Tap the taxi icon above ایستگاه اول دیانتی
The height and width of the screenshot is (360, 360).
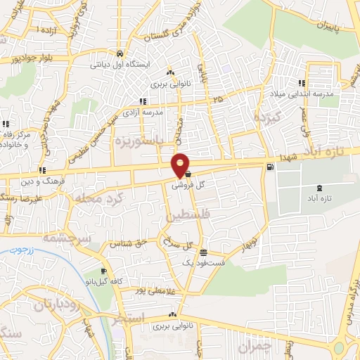[x=120, y=53]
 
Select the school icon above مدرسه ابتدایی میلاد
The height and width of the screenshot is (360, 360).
[x=302, y=83]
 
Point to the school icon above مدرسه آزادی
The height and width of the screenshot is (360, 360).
[x=143, y=101]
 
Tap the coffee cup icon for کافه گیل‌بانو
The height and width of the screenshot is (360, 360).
[x=104, y=271]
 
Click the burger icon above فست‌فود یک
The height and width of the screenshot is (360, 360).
[x=203, y=252]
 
